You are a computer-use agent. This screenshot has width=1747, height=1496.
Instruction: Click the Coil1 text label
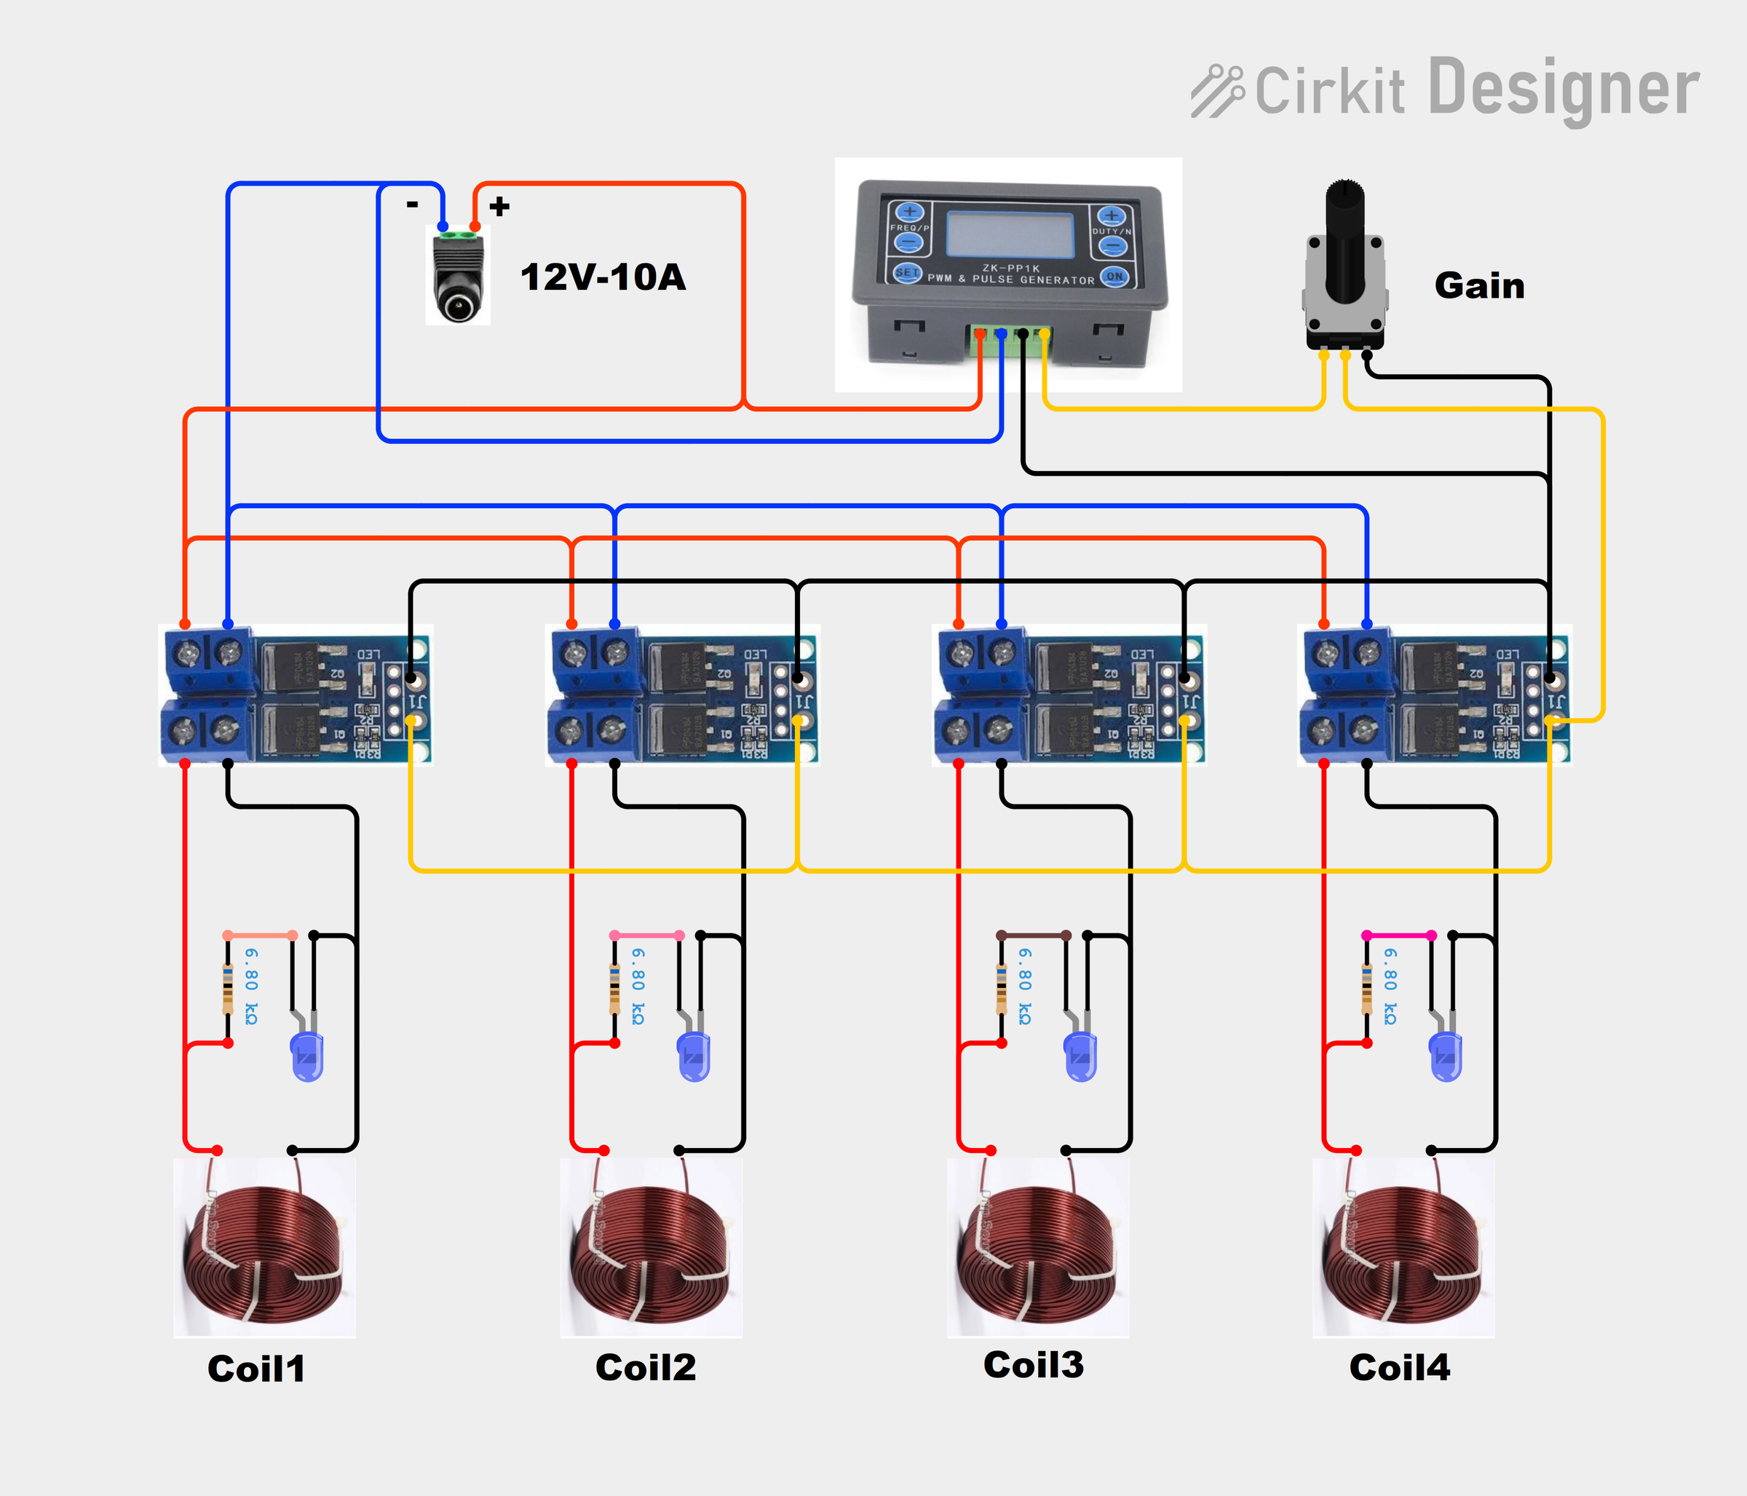255,1368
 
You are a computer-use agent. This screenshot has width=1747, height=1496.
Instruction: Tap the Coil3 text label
1033,1364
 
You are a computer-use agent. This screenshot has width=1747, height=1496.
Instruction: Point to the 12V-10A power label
603,277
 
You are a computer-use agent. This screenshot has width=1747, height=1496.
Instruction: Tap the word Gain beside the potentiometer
1479,286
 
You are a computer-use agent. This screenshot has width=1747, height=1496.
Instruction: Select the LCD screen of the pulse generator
1010,234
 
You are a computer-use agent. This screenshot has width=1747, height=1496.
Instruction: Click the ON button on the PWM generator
1114,276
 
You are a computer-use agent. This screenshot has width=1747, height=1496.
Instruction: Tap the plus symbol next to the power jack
499,206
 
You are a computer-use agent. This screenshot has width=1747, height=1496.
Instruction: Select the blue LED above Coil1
307,1056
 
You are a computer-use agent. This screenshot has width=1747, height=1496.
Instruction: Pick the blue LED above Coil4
1445,1056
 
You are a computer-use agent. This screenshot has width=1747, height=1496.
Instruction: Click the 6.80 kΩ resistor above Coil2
614,989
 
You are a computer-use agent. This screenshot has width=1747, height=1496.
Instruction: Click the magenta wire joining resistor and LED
1399,935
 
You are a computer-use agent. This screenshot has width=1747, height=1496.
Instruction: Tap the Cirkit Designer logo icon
1216,91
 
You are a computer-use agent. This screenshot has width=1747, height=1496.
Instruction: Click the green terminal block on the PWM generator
1010,335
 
